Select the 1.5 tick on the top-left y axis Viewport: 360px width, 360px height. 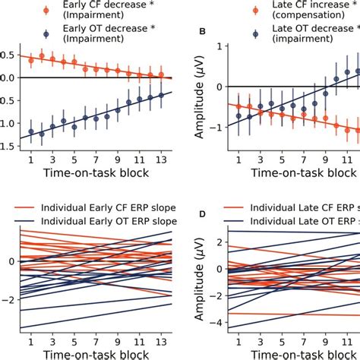click(8, 146)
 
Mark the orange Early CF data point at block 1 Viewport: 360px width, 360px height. click(31, 57)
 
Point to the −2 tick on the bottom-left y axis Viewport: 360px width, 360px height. click(8, 300)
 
